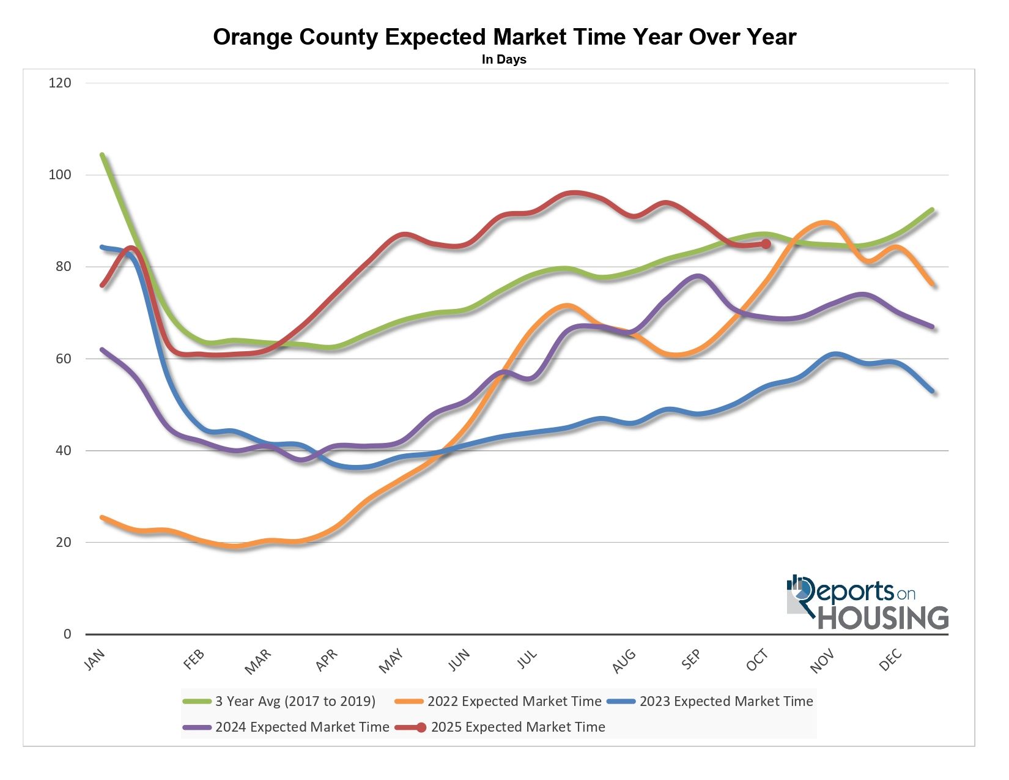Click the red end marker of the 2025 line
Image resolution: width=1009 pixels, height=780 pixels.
[766, 244]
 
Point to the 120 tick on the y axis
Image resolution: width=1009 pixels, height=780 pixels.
[60, 83]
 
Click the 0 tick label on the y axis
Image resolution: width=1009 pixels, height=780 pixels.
[67, 634]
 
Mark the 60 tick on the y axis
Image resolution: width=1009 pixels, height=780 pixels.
[63, 358]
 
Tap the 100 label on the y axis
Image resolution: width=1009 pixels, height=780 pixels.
[60, 174]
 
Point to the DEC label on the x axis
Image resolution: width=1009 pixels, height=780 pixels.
[891, 659]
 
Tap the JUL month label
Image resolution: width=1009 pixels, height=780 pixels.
[527, 659]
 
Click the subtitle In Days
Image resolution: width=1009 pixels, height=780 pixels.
[504, 59]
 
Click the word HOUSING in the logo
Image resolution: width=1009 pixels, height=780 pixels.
[883, 617]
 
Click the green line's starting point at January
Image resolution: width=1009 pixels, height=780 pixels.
[102, 155]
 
